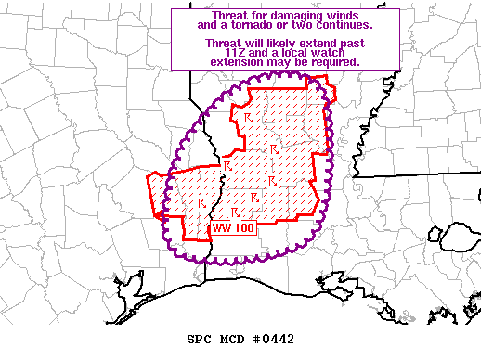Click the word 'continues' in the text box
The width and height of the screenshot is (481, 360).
[343, 26]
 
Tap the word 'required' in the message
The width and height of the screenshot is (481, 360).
[333, 61]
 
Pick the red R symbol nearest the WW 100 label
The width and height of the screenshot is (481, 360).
[235, 212]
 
